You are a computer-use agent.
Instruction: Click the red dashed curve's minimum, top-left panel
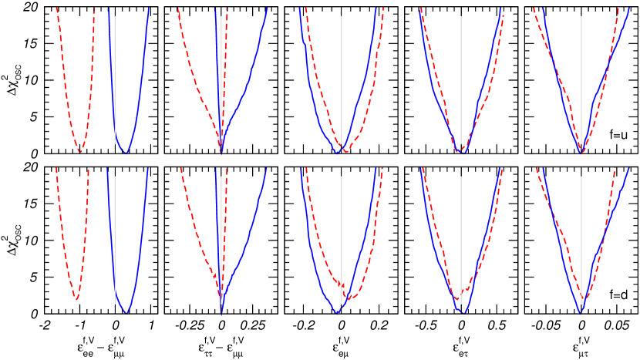tap(79, 151)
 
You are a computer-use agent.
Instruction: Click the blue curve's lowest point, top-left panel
tap(125, 153)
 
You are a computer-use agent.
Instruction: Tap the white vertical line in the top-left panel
tap(115, 77)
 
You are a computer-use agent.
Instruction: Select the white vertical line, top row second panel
tap(221, 77)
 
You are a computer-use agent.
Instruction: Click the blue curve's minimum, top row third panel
tap(337, 153)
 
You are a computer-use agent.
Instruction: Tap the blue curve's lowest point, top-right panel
tap(581, 153)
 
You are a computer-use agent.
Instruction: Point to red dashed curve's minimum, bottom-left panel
tap(76, 298)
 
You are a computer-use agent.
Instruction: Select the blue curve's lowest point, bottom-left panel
tap(126, 312)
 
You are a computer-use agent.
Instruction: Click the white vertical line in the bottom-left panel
tap(115, 239)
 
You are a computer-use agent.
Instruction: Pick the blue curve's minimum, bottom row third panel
tap(337, 312)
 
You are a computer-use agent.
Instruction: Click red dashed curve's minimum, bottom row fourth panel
tap(457, 299)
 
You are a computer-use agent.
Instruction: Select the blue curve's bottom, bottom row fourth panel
tap(462, 312)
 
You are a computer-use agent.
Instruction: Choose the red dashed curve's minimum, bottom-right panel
tap(584, 299)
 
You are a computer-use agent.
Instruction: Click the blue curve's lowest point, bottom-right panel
tap(581, 313)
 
